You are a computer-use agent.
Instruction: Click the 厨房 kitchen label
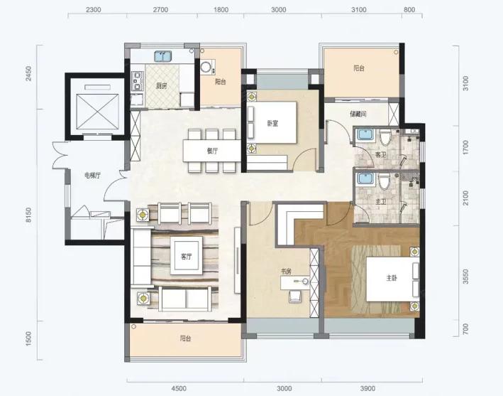tap(161, 86)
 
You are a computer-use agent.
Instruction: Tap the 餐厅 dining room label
tap(212, 151)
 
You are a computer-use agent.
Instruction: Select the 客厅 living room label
tap(186, 257)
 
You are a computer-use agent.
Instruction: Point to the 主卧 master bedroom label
tap(392, 278)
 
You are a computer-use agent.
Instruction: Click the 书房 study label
tap(286, 272)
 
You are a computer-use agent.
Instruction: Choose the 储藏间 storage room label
tap(358, 114)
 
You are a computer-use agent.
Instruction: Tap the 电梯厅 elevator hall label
tap(92, 176)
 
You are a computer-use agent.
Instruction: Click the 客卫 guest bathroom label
tap(380, 154)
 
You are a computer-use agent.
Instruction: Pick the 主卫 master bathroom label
tap(380, 202)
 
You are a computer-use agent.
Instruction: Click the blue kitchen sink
tap(163, 56)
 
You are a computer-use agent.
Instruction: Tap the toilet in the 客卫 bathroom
tap(385, 138)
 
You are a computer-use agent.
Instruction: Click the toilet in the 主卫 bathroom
tap(384, 182)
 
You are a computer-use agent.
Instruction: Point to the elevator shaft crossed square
tap(97, 112)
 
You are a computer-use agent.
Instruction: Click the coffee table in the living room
tap(187, 255)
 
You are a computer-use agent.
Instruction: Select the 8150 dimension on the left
tap(29, 215)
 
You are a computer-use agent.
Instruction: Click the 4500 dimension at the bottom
tap(179, 389)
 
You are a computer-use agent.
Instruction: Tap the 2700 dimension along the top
tap(160, 10)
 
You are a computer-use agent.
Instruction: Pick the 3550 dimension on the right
tap(466, 277)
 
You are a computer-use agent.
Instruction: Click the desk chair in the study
tap(295, 296)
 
